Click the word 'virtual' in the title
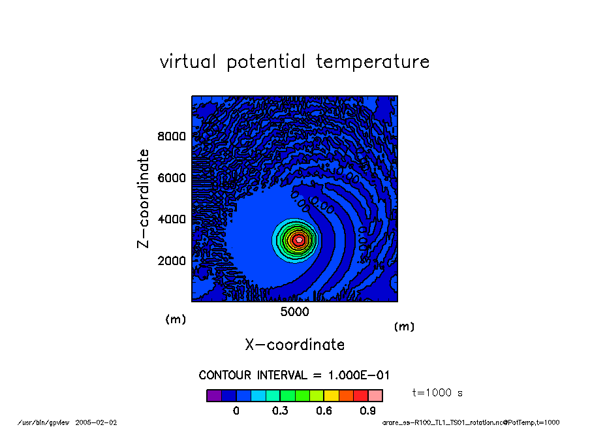point(188,61)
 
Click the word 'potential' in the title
point(266,62)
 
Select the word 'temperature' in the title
point(373,62)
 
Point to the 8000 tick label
point(172,136)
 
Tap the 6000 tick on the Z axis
point(172,178)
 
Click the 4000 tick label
point(172,219)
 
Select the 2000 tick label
point(172,261)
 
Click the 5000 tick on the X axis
point(294,312)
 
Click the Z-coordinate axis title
point(143,198)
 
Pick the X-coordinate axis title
point(294,345)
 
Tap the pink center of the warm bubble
point(299,240)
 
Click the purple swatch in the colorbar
point(214,396)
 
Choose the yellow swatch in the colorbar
point(332,396)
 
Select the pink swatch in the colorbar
point(375,396)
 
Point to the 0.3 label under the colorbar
point(280,411)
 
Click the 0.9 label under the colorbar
point(367,411)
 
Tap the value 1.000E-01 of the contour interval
point(358,375)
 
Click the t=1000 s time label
point(437,393)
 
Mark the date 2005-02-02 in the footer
point(96,422)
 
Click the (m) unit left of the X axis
point(176,319)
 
